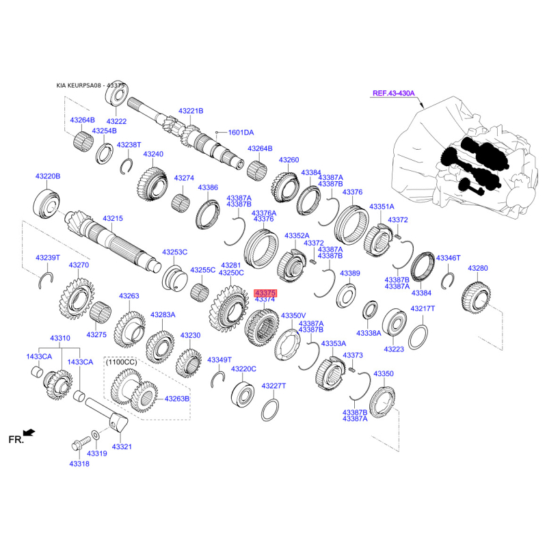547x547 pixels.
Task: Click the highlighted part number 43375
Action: coord(265,293)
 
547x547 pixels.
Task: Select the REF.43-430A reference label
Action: coord(394,93)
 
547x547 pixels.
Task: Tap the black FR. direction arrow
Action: coord(29,433)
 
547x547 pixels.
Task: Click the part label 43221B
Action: coord(191,111)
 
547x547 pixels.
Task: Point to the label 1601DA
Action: coord(241,133)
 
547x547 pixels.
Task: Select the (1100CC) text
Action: coord(122,362)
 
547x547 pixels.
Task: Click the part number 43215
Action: coord(113,218)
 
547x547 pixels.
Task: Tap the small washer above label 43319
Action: coord(95,435)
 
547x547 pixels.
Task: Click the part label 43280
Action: coord(478,268)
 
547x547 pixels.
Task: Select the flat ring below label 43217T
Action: coord(418,337)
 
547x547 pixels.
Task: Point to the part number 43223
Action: coord(394,349)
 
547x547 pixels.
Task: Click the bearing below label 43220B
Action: coord(46,204)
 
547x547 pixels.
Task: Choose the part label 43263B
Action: coord(177,399)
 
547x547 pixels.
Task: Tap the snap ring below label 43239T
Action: coord(45,280)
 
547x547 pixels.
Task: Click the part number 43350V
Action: coord(293,316)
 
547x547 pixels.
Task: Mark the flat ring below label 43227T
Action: coord(270,410)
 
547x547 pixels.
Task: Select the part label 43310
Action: coord(60,338)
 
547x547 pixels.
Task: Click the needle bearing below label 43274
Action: coord(181,203)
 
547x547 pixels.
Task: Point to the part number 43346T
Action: coord(449,258)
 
